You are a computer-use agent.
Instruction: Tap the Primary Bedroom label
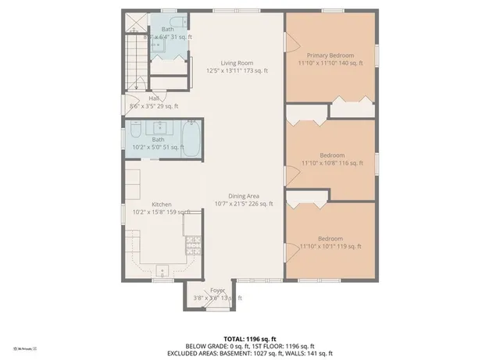click(x=330, y=55)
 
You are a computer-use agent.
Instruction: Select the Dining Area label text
click(x=244, y=196)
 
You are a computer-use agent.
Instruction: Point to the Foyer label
click(x=217, y=290)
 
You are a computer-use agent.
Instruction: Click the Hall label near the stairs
click(x=154, y=98)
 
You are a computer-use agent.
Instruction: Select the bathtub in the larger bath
click(x=191, y=136)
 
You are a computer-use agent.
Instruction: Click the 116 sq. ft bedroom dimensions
click(x=332, y=163)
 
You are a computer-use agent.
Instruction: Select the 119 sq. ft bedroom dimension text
click(x=331, y=247)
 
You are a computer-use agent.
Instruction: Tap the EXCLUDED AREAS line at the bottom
click(x=249, y=353)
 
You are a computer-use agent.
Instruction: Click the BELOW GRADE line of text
click(x=249, y=346)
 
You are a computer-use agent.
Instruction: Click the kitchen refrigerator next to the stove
click(x=192, y=224)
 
